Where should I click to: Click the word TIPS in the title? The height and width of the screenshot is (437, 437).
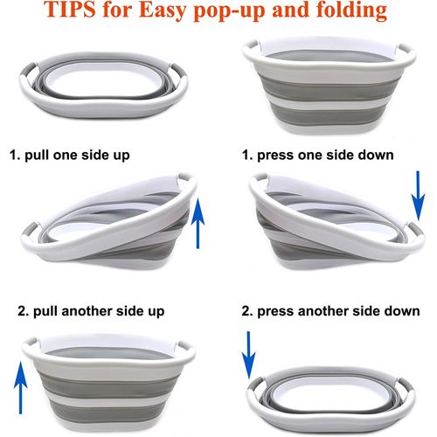point(70,10)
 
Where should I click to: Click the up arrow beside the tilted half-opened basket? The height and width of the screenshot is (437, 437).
point(198,223)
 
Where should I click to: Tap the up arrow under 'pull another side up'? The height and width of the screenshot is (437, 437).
point(21,387)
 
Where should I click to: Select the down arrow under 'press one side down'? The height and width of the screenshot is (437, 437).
point(418,196)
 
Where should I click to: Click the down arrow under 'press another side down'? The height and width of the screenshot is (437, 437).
point(248,355)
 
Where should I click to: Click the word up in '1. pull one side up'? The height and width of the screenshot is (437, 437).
point(122,156)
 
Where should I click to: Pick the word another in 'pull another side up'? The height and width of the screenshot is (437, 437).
point(87,311)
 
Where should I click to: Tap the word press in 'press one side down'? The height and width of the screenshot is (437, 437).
point(275,156)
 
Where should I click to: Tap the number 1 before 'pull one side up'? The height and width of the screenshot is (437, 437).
point(14,155)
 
